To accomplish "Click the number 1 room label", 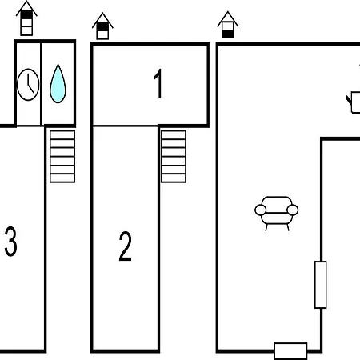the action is coord(158,83).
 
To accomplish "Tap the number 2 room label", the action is coord(125,246).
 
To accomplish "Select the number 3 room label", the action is coord(10,242).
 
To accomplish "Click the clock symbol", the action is coord(28,85).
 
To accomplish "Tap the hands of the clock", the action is coord(30,83).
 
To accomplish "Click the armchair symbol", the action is coord(277,214).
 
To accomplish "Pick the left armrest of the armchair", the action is coord(260,210).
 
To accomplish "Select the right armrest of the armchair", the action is coord(293,210).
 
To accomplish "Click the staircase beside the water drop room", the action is coord(62,157).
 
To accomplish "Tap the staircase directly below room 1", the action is coord(174,157).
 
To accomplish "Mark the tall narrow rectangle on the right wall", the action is coord(321,285).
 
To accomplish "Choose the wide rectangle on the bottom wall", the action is coord(290,351).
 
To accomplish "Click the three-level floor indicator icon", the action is coord(26,18).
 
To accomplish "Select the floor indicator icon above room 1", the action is coord(102,26).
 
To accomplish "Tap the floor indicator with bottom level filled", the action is coord(228,26).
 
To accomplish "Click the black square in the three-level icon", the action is coord(26,15).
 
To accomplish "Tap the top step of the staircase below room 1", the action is coord(174,134).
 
